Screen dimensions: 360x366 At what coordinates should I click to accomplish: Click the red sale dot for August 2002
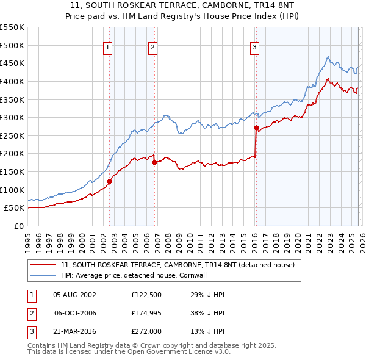coord(110,181)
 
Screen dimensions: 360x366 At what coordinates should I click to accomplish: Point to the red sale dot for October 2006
coord(154,162)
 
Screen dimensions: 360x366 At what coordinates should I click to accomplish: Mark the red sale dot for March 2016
coord(256,128)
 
